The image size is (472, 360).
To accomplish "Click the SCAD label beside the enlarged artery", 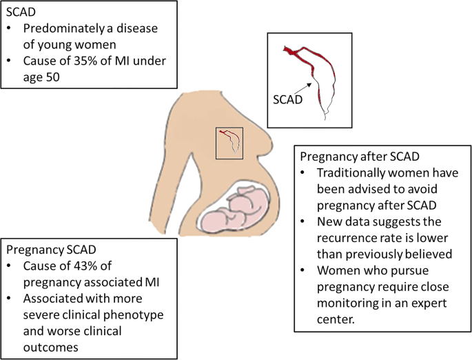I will [287, 99].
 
